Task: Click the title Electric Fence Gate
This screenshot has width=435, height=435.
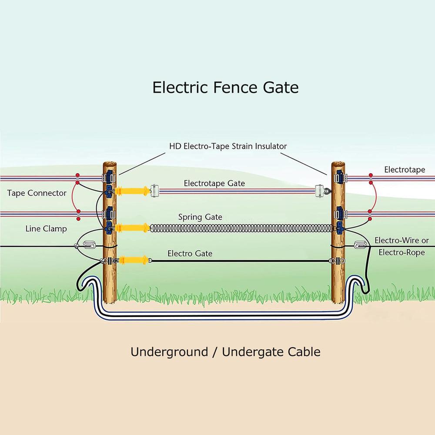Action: point(225,87)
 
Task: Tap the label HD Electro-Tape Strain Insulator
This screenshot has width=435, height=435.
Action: point(228,146)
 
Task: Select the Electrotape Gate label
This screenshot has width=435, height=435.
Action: point(214,183)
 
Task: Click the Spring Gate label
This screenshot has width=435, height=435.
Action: point(200,217)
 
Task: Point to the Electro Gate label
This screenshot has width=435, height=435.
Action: point(190,253)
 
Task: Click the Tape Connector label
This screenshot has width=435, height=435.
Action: point(37,193)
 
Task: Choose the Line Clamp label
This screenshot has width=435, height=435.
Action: point(46,229)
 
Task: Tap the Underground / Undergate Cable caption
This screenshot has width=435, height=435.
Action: point(225,352)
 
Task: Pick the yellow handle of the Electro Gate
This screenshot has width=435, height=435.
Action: point(134,260)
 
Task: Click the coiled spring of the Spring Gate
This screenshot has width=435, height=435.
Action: point(241,228)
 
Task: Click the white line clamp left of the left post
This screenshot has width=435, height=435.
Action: point(89,244)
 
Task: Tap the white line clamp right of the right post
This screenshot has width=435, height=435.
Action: point(360,244)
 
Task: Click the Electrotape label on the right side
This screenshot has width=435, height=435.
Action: point(405,170)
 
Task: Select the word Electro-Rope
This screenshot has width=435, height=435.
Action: point(402,252)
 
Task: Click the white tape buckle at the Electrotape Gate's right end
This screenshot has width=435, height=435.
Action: point(320,191)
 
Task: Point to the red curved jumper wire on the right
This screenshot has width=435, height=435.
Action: point(376,197)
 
